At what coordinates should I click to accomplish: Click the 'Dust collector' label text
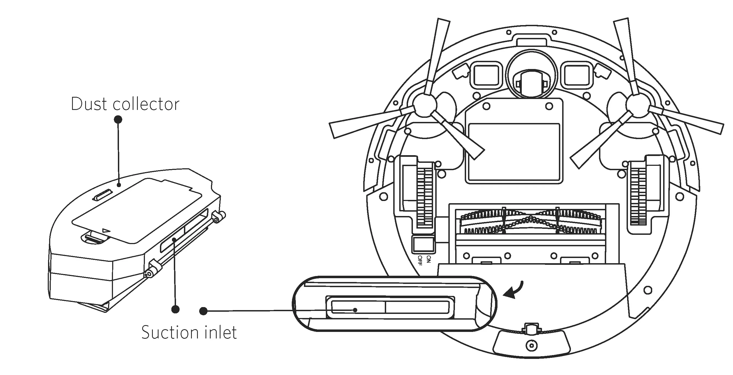[125, 104]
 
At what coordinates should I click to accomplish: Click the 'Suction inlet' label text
[189, 332]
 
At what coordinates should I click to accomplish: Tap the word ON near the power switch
[429, 259]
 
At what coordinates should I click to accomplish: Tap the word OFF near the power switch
[420, 260]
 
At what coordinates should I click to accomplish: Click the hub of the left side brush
[425, 106]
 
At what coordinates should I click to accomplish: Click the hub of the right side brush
[637, 106]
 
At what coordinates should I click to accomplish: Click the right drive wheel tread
[638, 196]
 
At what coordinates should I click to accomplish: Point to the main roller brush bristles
[531, 222]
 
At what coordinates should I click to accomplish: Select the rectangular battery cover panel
[514, 152]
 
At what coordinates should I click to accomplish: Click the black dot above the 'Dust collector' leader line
[118, 119]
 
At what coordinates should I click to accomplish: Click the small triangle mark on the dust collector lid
[106, 231]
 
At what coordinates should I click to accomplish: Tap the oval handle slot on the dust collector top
[102, 196]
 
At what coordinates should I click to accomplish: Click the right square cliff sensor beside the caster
[577, 74]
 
